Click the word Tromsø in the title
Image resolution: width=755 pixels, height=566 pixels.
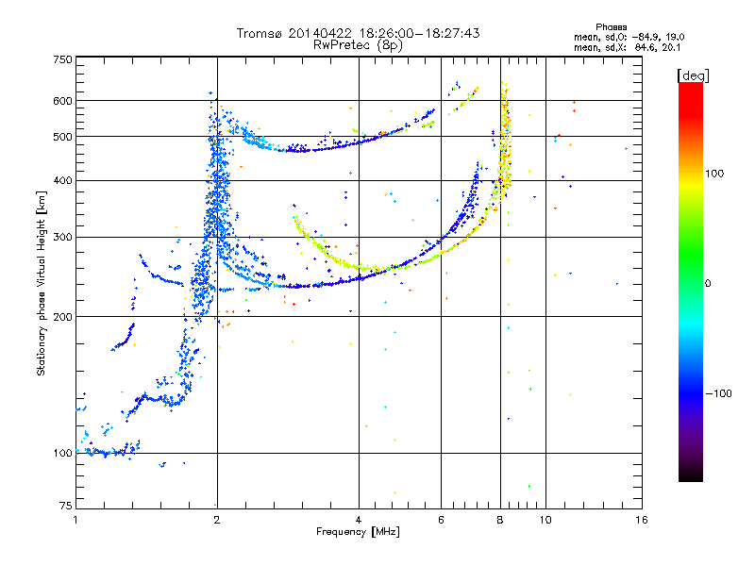click(x=261, y=33)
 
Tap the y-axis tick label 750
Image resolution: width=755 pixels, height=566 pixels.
click(x=62, y=58)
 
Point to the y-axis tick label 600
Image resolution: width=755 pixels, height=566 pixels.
click(x=62, y=100)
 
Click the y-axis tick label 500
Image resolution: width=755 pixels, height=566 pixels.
click(x=62, y=137)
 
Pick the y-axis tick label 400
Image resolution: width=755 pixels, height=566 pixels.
click(x=62, y=180)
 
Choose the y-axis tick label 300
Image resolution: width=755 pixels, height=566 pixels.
click(x=62, y=237)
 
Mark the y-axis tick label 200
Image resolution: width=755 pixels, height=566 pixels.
click(x=62, y=317)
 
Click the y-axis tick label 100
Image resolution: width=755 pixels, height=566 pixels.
click(x=62, y=453)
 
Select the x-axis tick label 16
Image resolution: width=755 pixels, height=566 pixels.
click(x=641, y=520)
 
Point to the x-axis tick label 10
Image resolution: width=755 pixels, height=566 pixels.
click(x=545, y=520)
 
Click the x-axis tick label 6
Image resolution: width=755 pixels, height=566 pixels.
click(x=442, y=520)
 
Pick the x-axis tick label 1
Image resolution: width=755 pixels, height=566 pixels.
click(x=75, y=520)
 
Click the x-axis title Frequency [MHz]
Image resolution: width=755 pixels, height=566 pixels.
click(x=358, y=533)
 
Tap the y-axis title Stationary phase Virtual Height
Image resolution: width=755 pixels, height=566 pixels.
click(x=42, y=283)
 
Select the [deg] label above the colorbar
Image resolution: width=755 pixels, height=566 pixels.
click(x=694, y=75)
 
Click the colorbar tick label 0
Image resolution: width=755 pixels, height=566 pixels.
click(x=707, y=283)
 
